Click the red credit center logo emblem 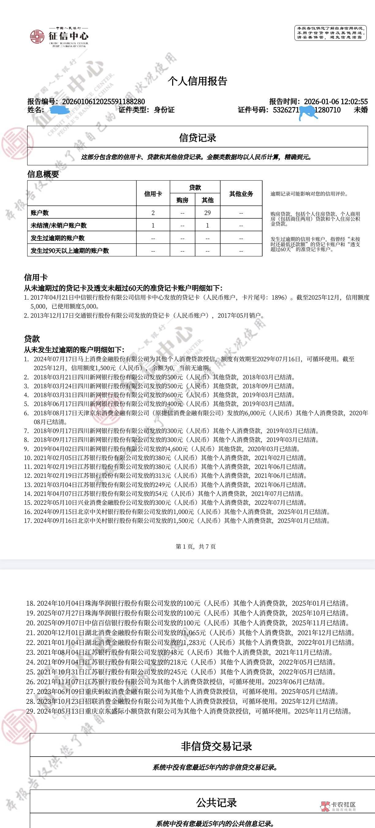pos(37,36)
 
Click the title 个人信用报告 pos(197,81)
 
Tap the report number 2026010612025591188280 pos(103,102)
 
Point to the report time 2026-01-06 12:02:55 pos(335,102)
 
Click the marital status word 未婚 pos(361,110)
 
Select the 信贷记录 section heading pos(197,138)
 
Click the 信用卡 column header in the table pos(153,194)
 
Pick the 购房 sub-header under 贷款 pos(182,200)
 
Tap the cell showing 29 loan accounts pos(207,213)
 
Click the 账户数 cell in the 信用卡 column pos(153,213)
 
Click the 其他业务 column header pos(241,194)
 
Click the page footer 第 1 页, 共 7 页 pos(195,546)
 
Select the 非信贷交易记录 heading pos(216,746)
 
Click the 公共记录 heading pos(216,803)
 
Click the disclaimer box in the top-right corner pos(330,33)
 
